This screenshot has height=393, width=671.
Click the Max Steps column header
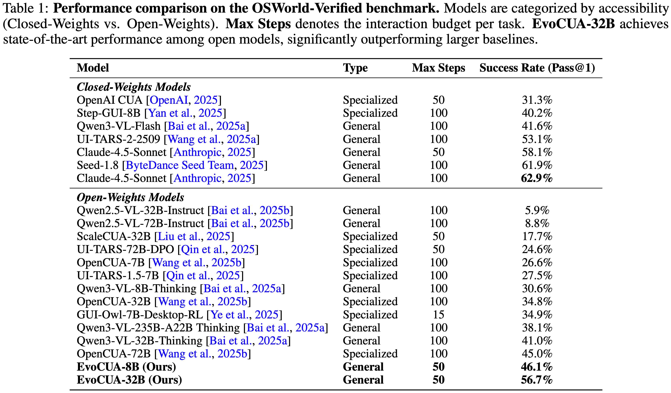(x=438, y=68)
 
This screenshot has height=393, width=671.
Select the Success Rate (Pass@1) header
(x=537, y=68)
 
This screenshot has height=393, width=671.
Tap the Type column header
(x=355, y=68)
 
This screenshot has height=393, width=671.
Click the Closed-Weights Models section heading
(x=134, y=87)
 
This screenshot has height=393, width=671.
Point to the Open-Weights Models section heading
(x=130, y=197)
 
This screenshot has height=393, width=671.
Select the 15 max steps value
(x=438, y=315)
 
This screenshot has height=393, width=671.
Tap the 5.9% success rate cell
(x=537, y=210)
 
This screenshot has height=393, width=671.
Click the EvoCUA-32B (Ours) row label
(x=129, y=380)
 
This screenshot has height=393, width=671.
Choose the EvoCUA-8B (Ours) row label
(x=126, y=367)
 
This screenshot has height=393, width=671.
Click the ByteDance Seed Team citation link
(x=180, y=165)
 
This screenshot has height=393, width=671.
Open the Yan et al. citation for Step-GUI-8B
(x=170, y=113)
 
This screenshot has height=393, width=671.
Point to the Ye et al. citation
(x=230, y=315)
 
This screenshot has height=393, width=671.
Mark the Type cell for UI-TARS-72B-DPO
(x=370, y=249)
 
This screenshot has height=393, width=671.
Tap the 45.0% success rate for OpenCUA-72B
(x=537, y=354)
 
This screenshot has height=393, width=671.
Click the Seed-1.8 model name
(x=97, y=165)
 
